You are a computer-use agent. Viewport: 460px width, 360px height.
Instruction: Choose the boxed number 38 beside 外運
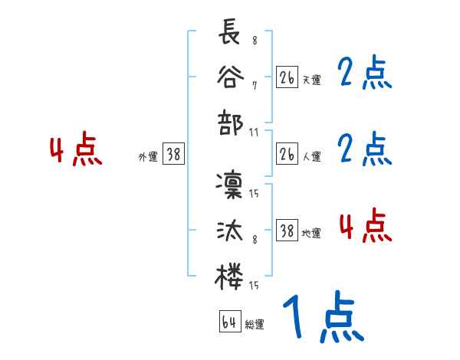tap(173, 154)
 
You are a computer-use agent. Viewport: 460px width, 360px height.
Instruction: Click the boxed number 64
tap(229, 322)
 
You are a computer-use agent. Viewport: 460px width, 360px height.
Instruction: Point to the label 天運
tap(311, 80)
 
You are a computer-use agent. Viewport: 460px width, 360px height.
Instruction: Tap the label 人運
tap(311, 156)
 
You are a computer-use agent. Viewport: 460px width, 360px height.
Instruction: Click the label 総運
tap(254, 324)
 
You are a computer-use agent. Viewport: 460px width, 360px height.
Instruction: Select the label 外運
tap(148, 156)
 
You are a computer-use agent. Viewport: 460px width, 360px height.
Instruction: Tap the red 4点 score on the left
tap(75, 151)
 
